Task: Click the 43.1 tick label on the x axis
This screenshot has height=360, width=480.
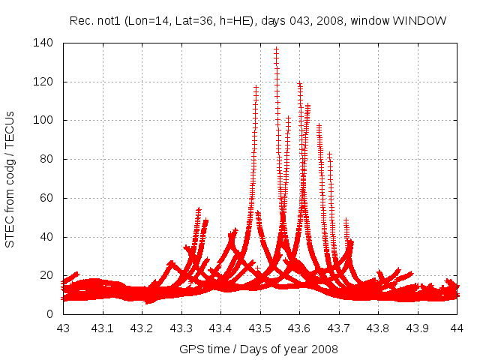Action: click(102, 328)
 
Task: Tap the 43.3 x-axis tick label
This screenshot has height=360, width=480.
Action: click(181, 328)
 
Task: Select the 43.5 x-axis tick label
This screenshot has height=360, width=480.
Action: click(260, 328)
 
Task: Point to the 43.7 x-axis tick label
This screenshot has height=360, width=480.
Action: click(339, 328)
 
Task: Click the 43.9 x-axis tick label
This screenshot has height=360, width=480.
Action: click(418, 328)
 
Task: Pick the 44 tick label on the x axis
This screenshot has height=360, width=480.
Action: click(457, 328)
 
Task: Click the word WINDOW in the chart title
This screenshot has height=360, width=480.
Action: click(424, 20)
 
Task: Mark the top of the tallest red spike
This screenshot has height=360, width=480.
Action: click(276, 49)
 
